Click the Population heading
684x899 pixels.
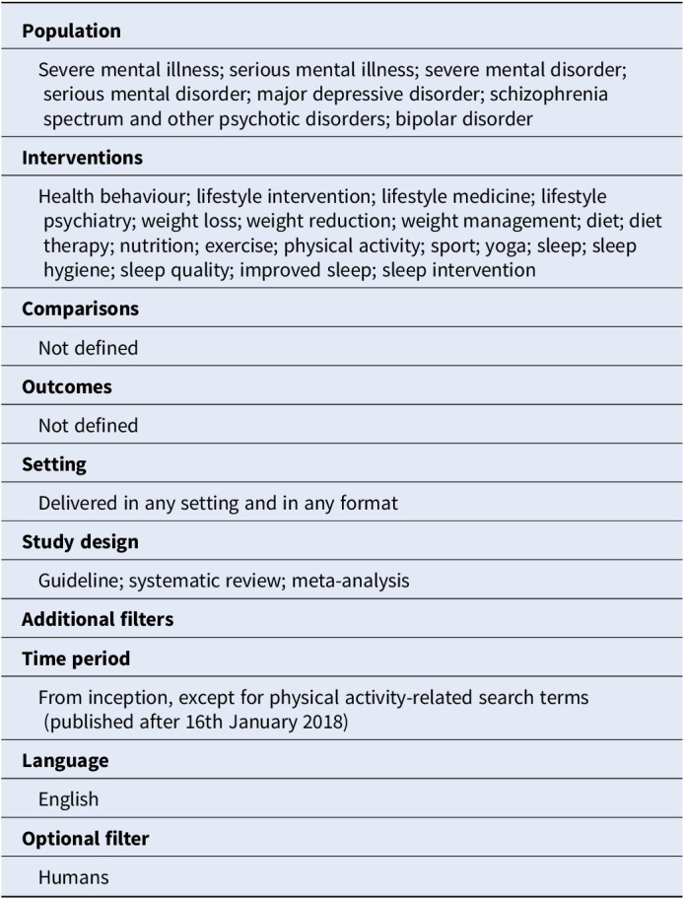click(x=71, y=32)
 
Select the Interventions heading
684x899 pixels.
click(x=82, y=158)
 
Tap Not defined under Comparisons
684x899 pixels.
click(x=88, y=347)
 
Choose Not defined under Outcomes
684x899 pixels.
click(x=88, y=426)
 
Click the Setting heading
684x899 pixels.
click(x=54, y=464)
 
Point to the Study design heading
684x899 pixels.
click(x=80, y=542)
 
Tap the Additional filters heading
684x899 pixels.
click(x=98, y=620)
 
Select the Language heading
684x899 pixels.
click(x=65, y=761)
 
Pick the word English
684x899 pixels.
click(x=69, y=800)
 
